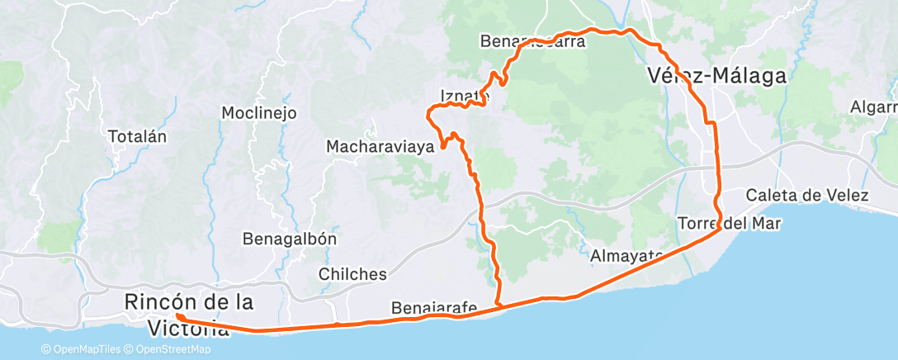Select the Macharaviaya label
(x=380, y=147)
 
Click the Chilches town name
(x=352, y=274)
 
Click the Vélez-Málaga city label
(x=716, y=76)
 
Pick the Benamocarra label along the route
(x=532, y=41)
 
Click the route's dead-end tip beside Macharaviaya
(x=443, y=148)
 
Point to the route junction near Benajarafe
(x=499, y=306)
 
